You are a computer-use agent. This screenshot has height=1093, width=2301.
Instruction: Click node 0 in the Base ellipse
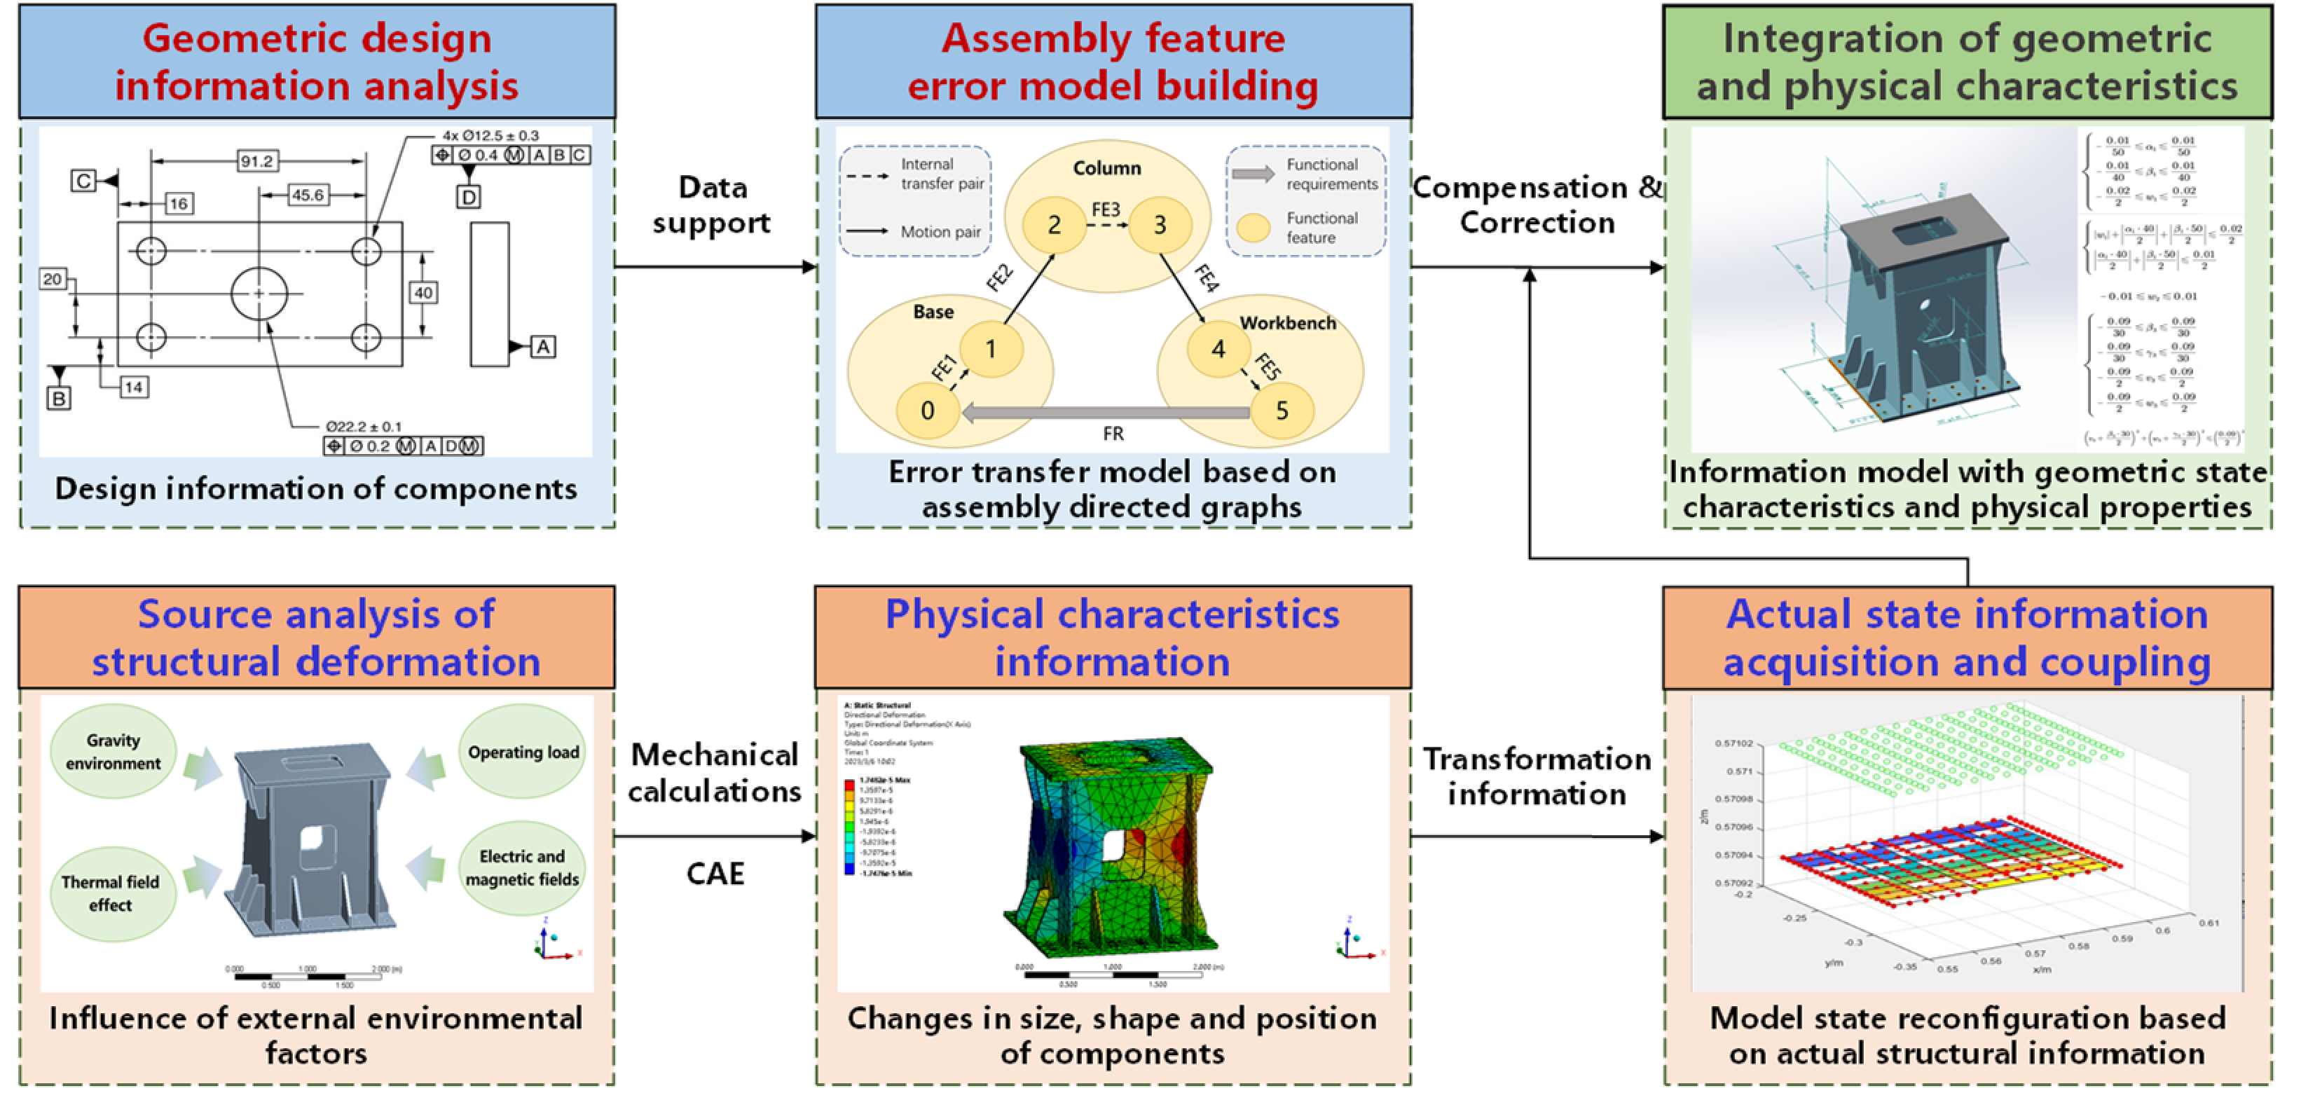[927, 411]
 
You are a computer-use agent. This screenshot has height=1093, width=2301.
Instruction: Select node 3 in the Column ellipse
[1160, 224]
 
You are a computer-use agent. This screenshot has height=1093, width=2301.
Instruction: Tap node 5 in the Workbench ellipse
[1282, 411]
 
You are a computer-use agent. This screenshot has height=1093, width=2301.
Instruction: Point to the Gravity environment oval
[113, 752]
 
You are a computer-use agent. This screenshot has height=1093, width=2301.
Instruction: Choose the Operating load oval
[523, 752]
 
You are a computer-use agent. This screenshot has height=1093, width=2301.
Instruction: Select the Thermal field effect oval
[111, 893]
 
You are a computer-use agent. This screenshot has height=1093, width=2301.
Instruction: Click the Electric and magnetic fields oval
[523, 868]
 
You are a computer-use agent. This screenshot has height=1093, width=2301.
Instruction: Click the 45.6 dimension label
[308, 195]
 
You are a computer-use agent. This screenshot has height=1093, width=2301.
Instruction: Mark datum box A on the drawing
[543, 348]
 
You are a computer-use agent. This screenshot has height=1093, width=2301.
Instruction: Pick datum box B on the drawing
[59, 398]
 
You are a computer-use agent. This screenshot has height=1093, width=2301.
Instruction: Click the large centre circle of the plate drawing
[259, 293]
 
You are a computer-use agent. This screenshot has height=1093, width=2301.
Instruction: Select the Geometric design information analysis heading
[317, 62]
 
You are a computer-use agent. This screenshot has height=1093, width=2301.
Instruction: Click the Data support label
[712, 205]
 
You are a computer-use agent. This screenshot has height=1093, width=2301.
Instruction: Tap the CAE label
[715, 873]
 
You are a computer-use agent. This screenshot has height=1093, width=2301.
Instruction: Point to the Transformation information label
[1537, 776]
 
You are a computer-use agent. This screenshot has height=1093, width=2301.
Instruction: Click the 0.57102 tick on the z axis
[1733, 743]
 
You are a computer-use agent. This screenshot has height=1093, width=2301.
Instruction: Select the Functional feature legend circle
[1253, 228]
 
